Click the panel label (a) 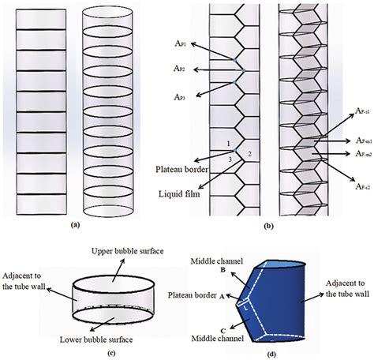click(x=76, y=224)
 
